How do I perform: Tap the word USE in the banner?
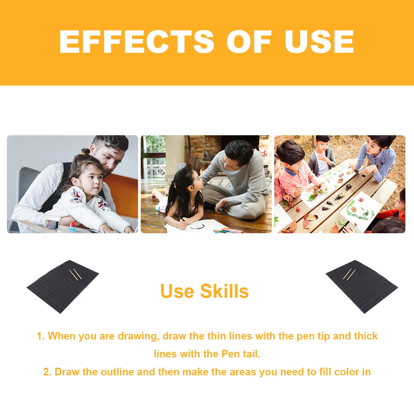(x=319, y=42)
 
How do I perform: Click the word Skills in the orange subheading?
(x=224, y=291)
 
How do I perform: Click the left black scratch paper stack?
(x=62, y=286)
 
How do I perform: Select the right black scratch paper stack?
(x=362, y=286)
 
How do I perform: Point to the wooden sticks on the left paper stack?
(x=75, y=274)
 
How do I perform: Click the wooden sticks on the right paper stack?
(x=349, y=274)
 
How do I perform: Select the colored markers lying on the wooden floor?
(x=228, y=230)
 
